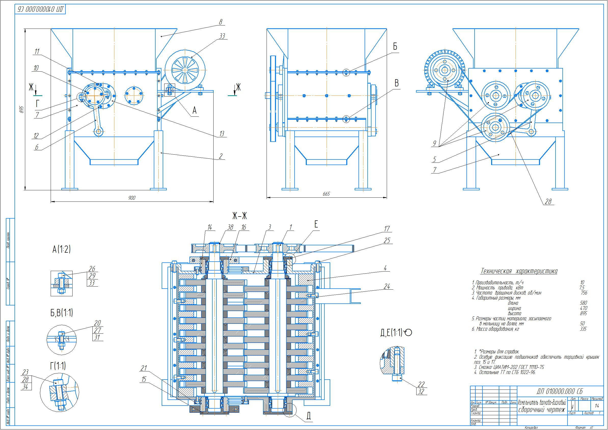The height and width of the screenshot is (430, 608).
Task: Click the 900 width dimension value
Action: tap(132, 198)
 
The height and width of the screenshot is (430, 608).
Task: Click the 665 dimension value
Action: tap(326, 194)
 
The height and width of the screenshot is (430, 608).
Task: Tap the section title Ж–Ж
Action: tap(239, 217)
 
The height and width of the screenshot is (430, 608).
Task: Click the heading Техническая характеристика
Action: tap(519, 271)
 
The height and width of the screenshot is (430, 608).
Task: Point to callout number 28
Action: tap(548, 201)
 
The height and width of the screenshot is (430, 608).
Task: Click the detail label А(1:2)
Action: tap(62, 249)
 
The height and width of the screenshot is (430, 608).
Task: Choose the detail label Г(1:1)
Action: tap(58, 366)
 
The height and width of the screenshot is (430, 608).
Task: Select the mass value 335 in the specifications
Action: tap(583, 329)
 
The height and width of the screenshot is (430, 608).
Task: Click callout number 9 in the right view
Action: tap(435, 143)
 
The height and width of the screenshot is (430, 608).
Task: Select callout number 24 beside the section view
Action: tap(387, 286)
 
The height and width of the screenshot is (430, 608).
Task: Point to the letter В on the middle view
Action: tap(397, 83)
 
